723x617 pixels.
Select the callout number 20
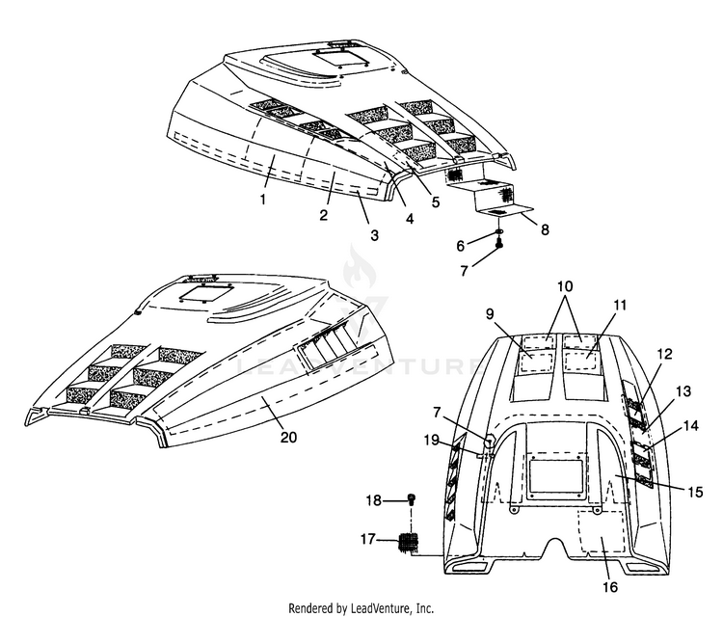pyautogui.click(x=288, y=437)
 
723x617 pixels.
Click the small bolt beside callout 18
pyautogui.click(x=412, y=499)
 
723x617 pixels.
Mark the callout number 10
pyautogui.click(x=564, y=286)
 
